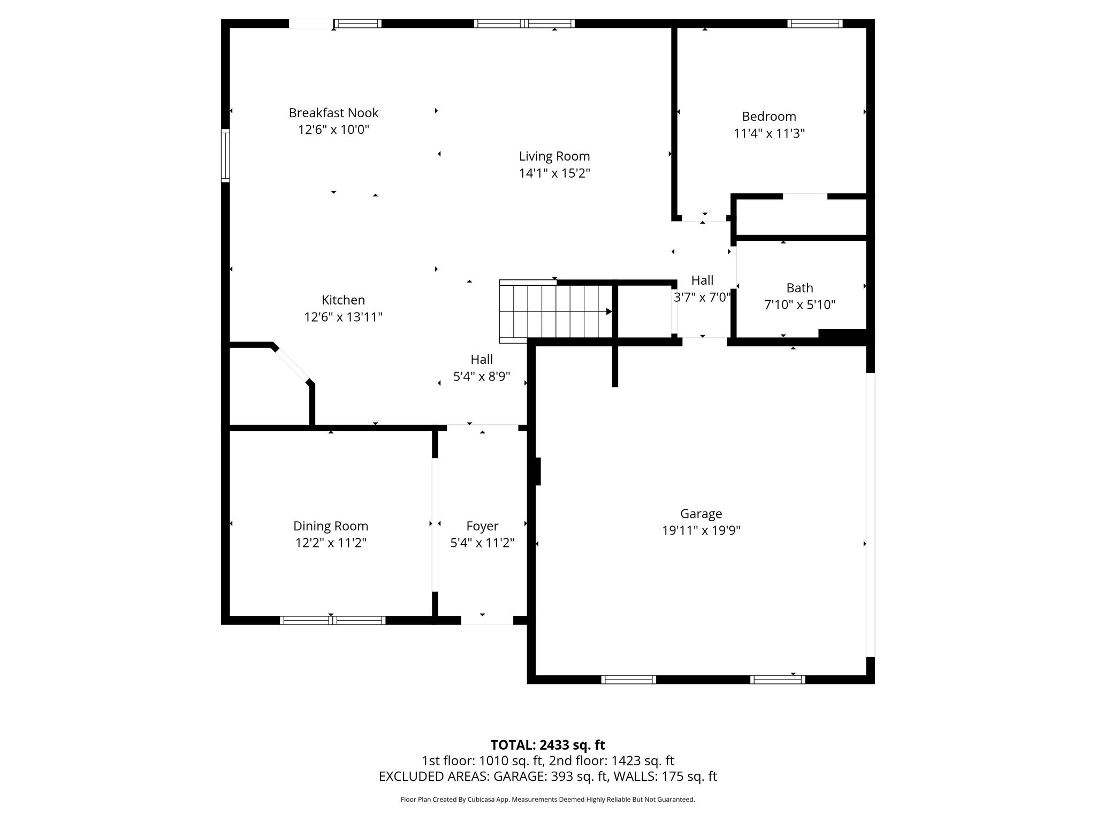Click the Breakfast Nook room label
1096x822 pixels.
pyautogui.click(x=333, y=113)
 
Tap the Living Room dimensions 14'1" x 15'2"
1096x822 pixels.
pyautogui.click(x=554, y=173)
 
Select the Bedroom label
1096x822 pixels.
pyautogui.click(x=769, y=117)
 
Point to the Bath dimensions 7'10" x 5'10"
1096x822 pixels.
pyautogui.click(x=800, y=305)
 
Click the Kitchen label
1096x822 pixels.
pyautogui.click(x=343, y=300)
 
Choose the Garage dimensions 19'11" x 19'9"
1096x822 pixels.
pyautogui.click(x=701, y=530)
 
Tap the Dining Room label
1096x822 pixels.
pyautogui.click(x=331, y=527)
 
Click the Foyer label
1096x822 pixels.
pyautogui.click(x=482, y=527)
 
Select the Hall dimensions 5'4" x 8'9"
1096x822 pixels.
pyautogui.click(x=482, y=377)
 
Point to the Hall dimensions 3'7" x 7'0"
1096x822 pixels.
pyautogui.click(x=702, y=298)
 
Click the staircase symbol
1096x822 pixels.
pyautogui.click(x=556, y=311)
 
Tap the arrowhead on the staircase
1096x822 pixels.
pyautogui.click(x=609, y=311)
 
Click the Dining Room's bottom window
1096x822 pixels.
pyautogui.click(x=332, y=620)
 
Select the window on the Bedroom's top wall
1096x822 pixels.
pyautogui.click(x=815, y=24)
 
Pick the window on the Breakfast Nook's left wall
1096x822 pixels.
pyautogui.click(x=225, y=155)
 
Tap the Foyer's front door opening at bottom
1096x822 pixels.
pyautogui.click(x=487, y=620)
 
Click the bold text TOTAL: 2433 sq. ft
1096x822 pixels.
pyautogui.click(x=547, y=745)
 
